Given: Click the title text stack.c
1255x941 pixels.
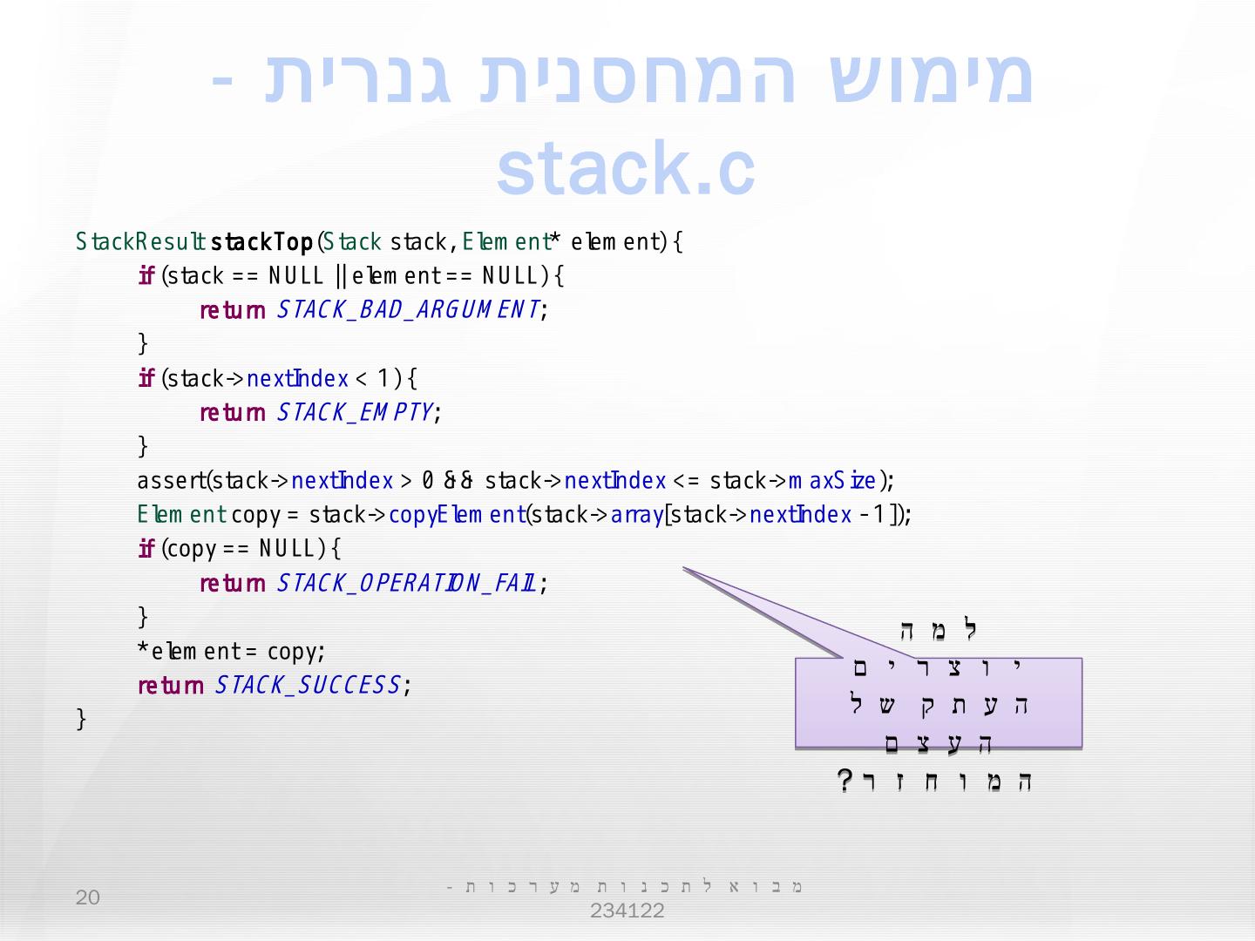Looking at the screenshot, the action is pos(625,167).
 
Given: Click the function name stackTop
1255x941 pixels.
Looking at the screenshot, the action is pos(261,241).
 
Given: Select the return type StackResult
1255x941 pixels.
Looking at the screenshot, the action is pos(139,241).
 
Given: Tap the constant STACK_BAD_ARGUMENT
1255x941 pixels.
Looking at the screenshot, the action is pos(409,310).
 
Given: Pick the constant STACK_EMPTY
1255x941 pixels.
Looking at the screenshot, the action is pos(356,412).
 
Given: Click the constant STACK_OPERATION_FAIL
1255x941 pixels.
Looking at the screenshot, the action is pos(407,583).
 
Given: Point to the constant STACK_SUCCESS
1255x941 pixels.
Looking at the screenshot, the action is pos(309,686).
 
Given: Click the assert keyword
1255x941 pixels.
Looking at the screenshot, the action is pos(171,481).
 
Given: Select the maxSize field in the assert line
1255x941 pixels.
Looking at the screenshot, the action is pos(834,481).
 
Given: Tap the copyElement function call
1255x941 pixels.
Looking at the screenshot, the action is pos(456,515).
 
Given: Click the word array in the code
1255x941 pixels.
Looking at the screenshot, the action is pos(637,515).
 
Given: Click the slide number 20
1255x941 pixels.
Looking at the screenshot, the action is pos(88,897).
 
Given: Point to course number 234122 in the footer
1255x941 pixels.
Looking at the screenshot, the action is pos(627,911).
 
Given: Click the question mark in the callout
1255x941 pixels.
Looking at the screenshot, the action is pos(845,780).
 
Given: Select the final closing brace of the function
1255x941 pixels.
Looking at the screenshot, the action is pos(82,719).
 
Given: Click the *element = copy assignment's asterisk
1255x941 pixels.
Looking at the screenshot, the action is pos(143,650).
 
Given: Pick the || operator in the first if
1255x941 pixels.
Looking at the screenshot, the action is pos(341,276).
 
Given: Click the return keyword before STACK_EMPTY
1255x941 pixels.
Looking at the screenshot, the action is pos(233,412).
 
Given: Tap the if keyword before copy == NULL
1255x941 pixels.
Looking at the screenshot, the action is pos(146,549).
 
